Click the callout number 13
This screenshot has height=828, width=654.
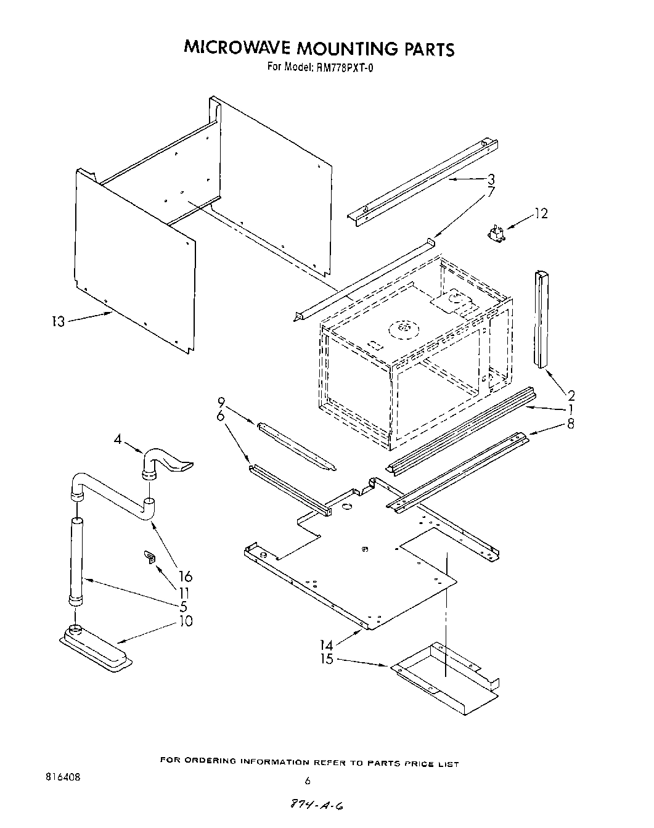click(57, 321)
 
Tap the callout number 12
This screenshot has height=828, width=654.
click(541, 213)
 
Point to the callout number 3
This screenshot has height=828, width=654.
click(491, 179)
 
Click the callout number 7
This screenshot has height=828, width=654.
click(491, 192)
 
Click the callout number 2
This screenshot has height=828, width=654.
click(571, 395)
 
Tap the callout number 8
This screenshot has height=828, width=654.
click(571, 424)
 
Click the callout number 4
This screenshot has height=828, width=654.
click(118, 440)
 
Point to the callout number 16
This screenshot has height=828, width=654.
click(185, 576)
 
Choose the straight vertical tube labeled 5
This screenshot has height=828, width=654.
click(76, 561)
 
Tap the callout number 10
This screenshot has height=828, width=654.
click(185, 621)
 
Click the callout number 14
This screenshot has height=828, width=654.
click(326, 645)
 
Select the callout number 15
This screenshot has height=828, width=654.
click(327, 659)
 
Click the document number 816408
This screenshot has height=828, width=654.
click(60, 777)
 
